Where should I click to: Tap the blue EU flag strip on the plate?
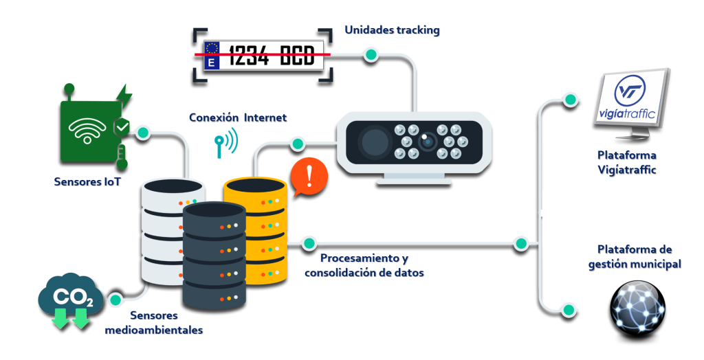point(211,54)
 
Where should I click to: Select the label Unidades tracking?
point(391,30)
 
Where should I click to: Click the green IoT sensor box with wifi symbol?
point(87,130)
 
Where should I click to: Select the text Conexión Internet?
point(237,117)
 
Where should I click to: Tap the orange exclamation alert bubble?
point(309,176)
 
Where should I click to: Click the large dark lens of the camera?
point(374,142)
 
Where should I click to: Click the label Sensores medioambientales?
point(153,323)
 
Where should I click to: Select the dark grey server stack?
point(214,255)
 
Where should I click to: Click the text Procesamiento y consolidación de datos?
point(364,265)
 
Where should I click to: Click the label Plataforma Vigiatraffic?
point(626,162)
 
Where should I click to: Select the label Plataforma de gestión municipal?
point(634,256)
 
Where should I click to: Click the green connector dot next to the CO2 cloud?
point(115,300)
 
